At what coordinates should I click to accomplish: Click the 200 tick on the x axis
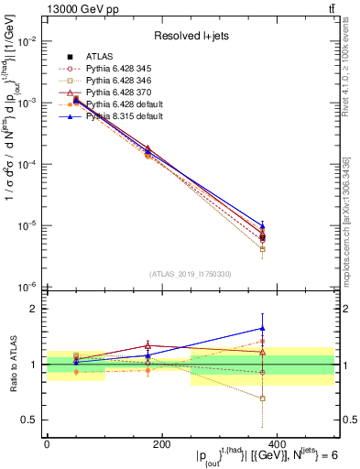point(161,443)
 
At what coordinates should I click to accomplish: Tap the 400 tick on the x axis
point(277,443)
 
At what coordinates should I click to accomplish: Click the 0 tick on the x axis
point(47,443)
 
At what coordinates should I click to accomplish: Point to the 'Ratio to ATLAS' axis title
point(12,364)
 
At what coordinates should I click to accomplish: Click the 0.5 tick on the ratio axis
point(29,420)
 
